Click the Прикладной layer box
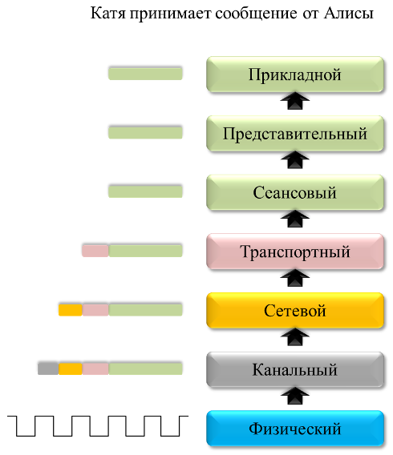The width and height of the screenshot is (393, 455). pyautogui.click(x=295, y=74)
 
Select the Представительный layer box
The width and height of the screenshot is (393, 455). pyautogui.click(x=295, y=134)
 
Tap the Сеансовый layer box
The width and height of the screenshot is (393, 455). pyautogui.click(x=295, y=192)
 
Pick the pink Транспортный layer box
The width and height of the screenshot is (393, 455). pyautogui.click(x=295, y=252)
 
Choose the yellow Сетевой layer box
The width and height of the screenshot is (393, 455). pyautogui.click(x=295, y=311)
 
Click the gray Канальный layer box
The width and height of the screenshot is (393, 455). pyautogui.click(x=295, y=369)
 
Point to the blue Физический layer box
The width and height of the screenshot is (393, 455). pyautogui.click(x=295, y=429)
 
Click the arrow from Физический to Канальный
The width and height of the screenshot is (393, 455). pyautogui.click(x=295, y=396)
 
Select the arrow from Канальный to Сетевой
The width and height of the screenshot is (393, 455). pyautogui.click(x=295, y=337)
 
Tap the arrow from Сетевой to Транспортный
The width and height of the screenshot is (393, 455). pyautogui.click(x=295, y=278)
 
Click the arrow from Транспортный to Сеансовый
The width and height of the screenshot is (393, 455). pyautogui.click(x=295, y=219)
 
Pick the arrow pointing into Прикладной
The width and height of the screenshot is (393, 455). pyautogui.click(x=295, y=101)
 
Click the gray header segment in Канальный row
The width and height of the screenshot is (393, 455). pyautogui.click(x=48, y=368)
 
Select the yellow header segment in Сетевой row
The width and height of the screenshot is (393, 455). pyautogui.click(x=71, y=310)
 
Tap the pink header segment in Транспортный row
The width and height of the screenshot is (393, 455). pyautogui.click(x=95, y=251)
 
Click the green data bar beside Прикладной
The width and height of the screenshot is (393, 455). pyautogui.click(x=145, y=74)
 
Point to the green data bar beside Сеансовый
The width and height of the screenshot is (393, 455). pyautogui.click(x=145, y=191)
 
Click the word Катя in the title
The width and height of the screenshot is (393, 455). pyautogui.click(x=108, y=14)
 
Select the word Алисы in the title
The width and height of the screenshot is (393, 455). pyautogui.click(x=349, y=14)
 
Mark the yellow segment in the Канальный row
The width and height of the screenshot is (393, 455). pyautogui.click(x=71, y=368)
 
